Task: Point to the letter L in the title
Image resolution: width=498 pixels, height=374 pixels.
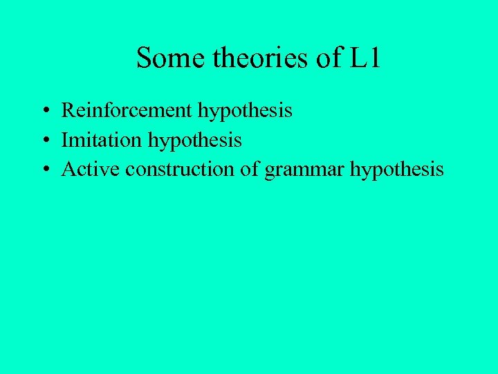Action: (358, 58)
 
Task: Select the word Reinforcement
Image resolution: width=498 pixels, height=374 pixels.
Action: (127, 110)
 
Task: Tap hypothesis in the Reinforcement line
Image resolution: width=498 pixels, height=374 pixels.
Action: (245, 111)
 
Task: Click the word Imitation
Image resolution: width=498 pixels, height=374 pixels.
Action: (100, 140)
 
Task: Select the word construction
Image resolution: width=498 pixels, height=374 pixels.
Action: (179, 170)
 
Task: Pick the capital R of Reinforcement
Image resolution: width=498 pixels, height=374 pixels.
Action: (68, 110)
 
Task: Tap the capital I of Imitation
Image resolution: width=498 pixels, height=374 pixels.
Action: (65, 140)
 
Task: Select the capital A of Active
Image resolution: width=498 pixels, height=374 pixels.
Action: (68, 170)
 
